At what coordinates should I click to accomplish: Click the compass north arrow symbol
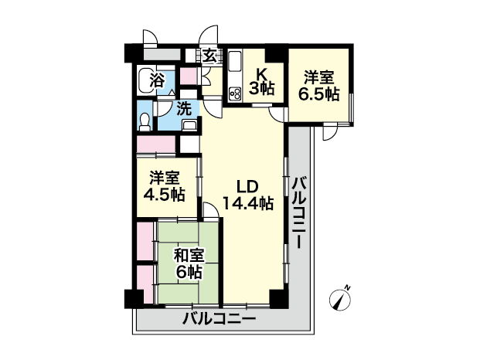point(340,300)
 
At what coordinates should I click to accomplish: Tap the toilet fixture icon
point(145,122)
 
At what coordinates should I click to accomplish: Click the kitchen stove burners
point(235,93)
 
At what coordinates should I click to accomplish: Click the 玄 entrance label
point(210,56)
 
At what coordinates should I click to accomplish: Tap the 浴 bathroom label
point(157,81)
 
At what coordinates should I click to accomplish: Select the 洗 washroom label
point(185,109)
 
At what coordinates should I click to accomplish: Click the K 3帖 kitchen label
point(261,81)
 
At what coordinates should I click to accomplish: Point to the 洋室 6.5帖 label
point(319,86)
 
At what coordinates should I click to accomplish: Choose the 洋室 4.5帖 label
point(165,186)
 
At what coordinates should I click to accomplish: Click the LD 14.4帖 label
point(248,195)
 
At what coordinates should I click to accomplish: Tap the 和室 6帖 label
point(189,263)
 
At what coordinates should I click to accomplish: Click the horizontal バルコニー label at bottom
point(220,320)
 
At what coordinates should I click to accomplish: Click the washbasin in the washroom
point(190,125)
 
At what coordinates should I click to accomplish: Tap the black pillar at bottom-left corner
point(134,298)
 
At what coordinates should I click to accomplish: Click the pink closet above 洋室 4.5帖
point(156,144)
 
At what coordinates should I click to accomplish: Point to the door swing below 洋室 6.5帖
point(330,132)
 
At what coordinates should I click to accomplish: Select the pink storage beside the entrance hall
point(188,76)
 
